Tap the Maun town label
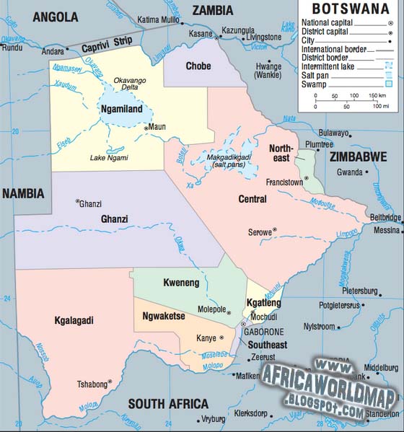coord(157,128)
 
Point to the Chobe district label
coord(198,66)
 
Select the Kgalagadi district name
coord(75,320)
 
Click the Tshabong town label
coord(90,384)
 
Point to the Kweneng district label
coord(181,283)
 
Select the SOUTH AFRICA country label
coord(168,404)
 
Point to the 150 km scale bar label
coord(379,96)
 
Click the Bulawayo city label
coord(334,133)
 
